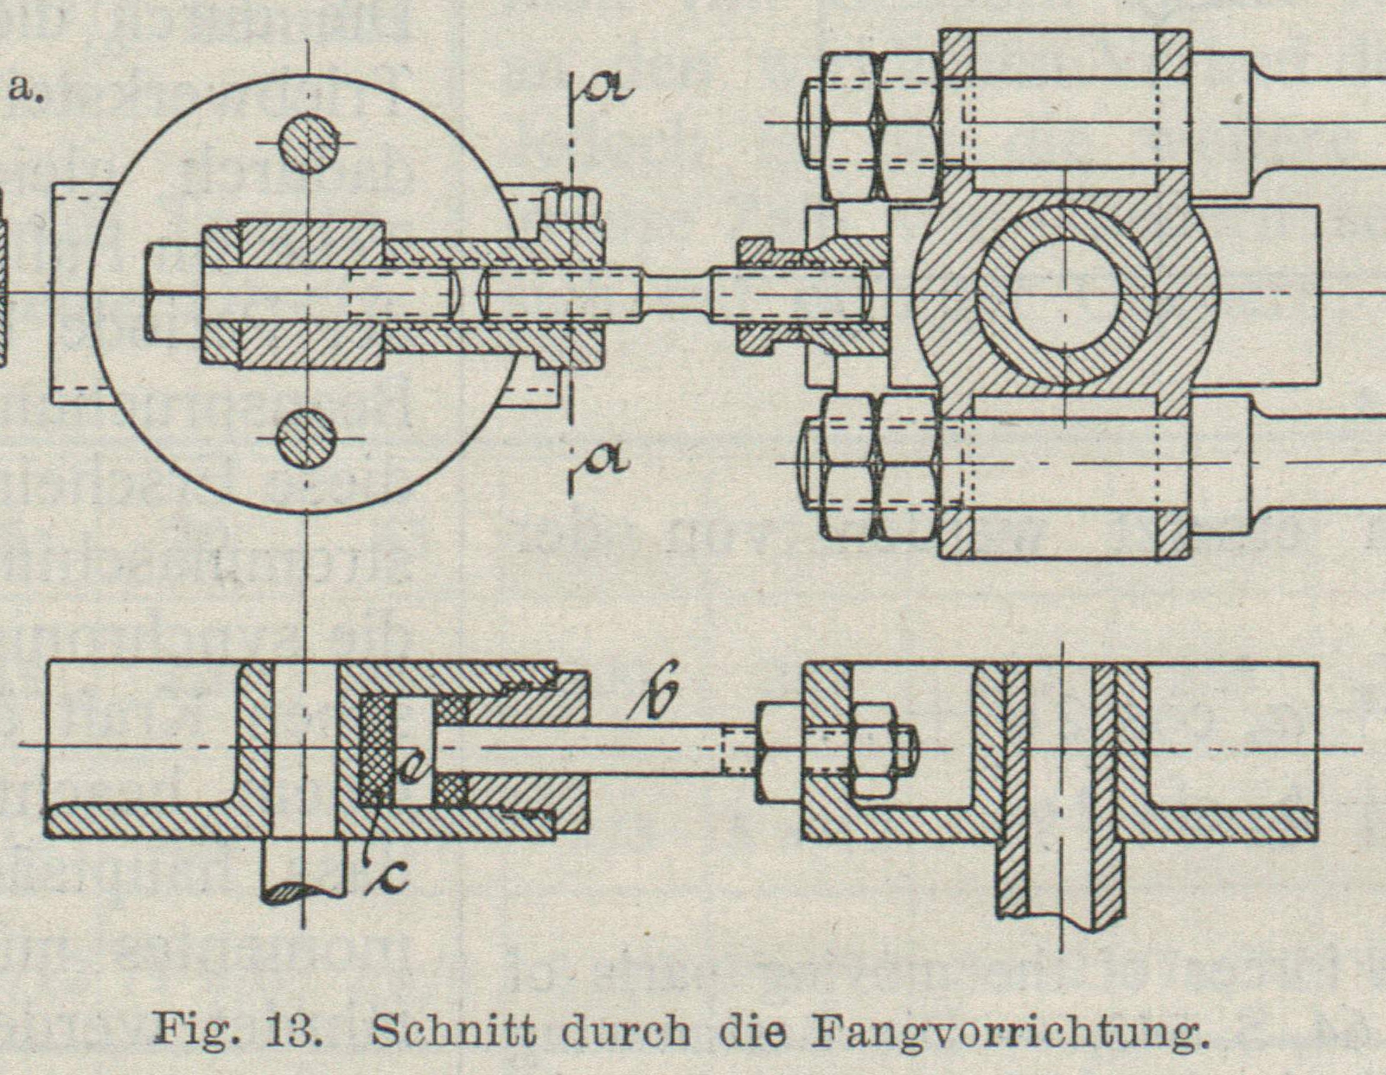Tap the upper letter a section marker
610,86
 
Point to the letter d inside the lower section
412,769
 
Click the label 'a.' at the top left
25,88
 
